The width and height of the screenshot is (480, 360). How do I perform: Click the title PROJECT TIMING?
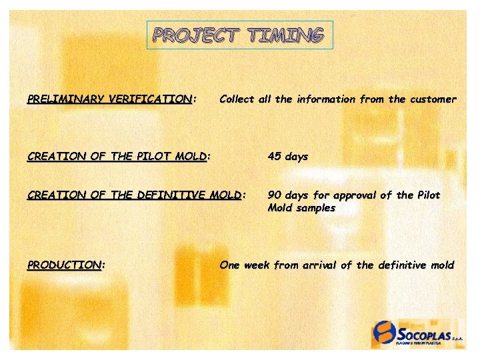click(239, 35)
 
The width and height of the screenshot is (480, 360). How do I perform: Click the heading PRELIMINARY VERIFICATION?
click(110, 99)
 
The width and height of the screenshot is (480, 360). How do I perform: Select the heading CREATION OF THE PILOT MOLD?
click(117, 157)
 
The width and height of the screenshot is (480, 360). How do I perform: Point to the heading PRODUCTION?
click(65, 265)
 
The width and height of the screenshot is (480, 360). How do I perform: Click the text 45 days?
click(288, 157)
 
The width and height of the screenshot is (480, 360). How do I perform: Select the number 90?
click(275, 195)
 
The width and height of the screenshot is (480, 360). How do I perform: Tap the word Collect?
click(237, 99)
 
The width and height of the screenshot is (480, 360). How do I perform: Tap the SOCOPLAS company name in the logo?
click(424, 331)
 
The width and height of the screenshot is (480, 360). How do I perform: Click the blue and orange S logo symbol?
click(385, 332)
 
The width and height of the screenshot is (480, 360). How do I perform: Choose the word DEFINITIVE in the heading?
click(171, 195)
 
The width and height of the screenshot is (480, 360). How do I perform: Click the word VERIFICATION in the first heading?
click(147, 99)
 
